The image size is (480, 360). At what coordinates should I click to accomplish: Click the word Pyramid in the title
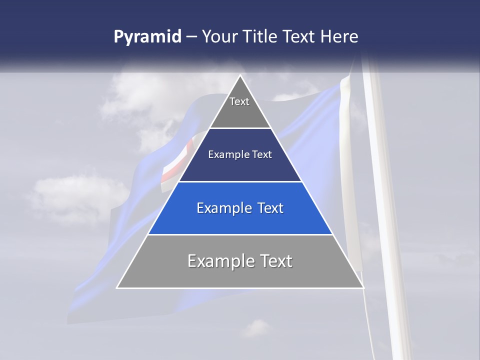[147, 37]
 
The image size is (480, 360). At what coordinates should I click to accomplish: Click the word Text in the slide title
[300, 37]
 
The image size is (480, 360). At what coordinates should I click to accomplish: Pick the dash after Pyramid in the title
[191, 37]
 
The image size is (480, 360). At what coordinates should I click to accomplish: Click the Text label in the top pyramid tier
[239, 101]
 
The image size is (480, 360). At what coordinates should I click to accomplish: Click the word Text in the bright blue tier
[270, 208]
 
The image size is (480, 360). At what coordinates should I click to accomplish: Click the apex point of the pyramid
[240, 76]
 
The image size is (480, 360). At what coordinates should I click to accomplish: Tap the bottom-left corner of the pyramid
[117, 287]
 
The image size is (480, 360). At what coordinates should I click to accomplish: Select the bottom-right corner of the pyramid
[363, 287]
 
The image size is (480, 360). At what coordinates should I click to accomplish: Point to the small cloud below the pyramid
[256, 328]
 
